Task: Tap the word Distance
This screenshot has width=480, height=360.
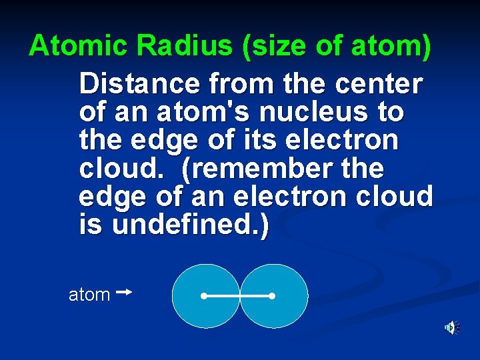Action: (139, 85)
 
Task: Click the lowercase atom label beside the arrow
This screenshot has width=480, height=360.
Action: (89, 295)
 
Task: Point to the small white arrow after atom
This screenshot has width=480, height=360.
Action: (124, 292)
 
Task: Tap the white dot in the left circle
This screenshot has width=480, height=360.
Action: (203, 295)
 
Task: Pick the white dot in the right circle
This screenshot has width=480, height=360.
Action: (272, 295)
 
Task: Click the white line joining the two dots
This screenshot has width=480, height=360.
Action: (237, 295)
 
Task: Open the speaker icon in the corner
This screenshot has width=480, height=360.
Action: (452, 327)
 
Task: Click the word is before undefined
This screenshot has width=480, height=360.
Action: (91, 225)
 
